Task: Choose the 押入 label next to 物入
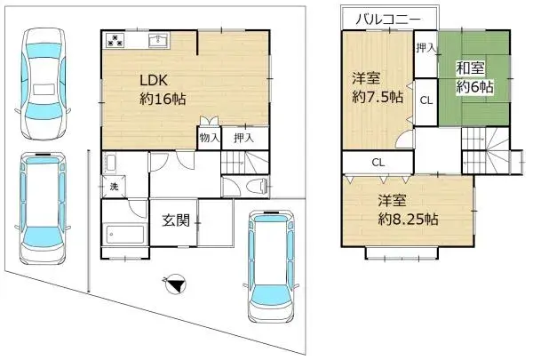pyautogui.click(x=243, y=138)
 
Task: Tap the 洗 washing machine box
pyautogui.click(x=114, y=187)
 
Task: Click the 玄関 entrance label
pyautogui.click(x=175, y=221)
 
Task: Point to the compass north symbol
pyautogui.click(x=176, y=285)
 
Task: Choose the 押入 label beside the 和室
pyautogui.click(x=426, y=46)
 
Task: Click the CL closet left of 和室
pyautogui.click(x=426, y=100)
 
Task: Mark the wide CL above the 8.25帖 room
pyautogui.click(x=377, y=163)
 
